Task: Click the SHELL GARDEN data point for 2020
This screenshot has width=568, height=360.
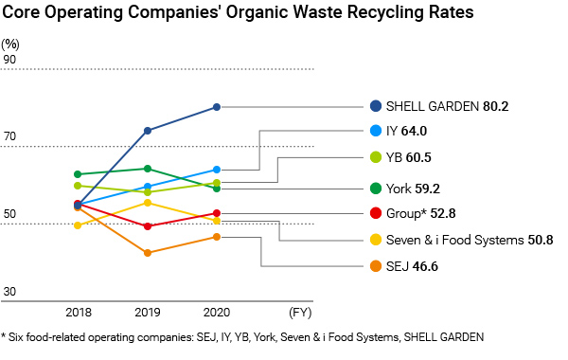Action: pyautogui.click(x=216, y=107)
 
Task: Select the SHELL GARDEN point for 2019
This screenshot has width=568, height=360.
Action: pyautogui.click(x=148, y=131)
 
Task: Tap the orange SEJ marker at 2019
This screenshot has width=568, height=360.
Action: pyautogui.click(x=148, y=253)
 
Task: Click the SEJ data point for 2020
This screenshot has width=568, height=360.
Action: pyautogui.click(x=216, y=237)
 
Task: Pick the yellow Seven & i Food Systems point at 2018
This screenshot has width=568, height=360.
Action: pyautogui.click(x=78, y=225)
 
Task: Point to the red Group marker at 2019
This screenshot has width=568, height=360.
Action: pyautogui.click(x=148, y=226)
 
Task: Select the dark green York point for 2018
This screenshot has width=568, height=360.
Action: pyautogui.click(x=78, y=174)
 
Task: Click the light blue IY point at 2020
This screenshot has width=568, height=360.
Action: pyautogui.click(x=216, y=170)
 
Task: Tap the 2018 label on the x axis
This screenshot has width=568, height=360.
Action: pyautogui.click(x=78, y=311)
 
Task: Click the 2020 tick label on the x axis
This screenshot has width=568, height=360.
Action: pyautogui.click(x=216, y=311)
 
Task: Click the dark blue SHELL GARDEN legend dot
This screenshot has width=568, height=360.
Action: pyautogui.click(x=377, y=107)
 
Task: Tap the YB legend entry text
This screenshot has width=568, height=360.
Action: pyautogui.click(x=398, y=157)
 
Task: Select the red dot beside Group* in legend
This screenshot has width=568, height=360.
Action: pyautogui.click(x=377, y=214)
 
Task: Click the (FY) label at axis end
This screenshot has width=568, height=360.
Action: pyautogui.click(x=299, y=311)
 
